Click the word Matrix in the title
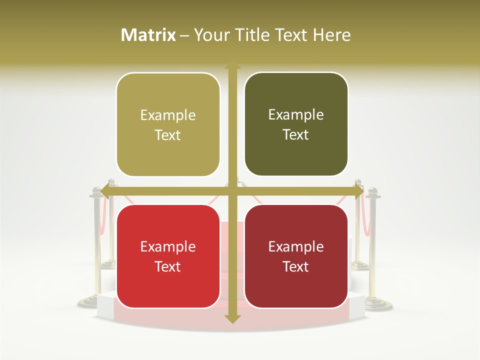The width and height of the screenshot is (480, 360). pos(148,35)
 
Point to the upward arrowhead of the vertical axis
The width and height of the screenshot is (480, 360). pos(232,65)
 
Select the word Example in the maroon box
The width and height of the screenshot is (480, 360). pos(296,247)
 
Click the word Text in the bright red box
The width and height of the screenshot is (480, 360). pos(168,267)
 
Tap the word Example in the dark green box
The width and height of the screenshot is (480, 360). pos(296,115)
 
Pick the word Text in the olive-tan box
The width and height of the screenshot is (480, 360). pos(168,135)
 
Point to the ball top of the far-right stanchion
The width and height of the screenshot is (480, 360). pos(372,191)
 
